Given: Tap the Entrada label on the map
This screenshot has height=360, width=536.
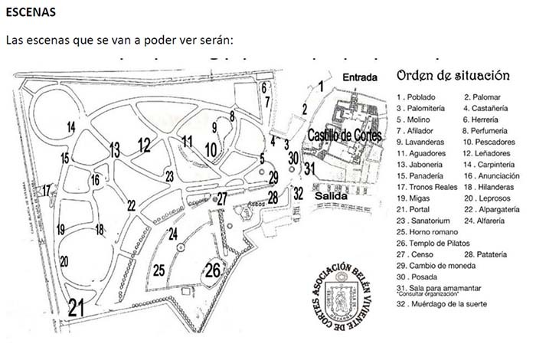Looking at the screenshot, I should point(361,77).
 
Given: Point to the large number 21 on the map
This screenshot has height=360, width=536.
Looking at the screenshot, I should point(75,308).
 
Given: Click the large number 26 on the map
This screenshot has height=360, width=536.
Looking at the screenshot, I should point(214,270).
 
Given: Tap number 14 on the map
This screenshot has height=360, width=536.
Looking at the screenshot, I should point(70,126).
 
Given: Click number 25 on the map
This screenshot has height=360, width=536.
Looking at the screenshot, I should point(159,270).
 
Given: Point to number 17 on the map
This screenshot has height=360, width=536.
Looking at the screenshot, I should point(47,189).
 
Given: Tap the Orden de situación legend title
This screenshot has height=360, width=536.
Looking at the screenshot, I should point(453,76).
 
